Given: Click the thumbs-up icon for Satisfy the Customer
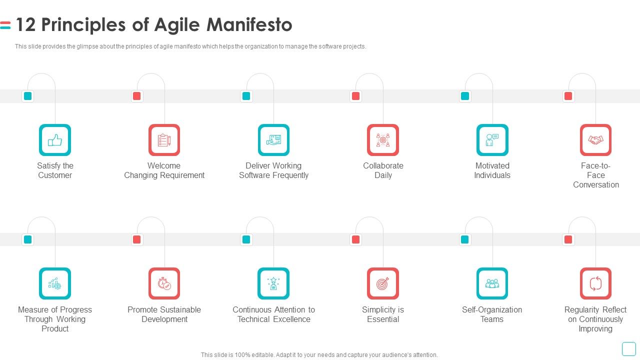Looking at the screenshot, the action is pos(55,140).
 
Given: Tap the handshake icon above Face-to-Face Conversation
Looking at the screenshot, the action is pos(595,140).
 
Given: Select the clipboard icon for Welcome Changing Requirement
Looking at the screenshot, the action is pos(164,140).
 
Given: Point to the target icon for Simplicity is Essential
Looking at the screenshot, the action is pos(383,283).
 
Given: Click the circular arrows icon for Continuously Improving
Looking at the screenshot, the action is pos(595,283).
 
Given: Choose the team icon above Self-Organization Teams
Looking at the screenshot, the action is pos(492,283).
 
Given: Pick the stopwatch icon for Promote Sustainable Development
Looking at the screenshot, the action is pos(164,283).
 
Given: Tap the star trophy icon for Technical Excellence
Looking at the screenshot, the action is pos(273,283).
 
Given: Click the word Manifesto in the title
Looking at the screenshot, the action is pos(249,24).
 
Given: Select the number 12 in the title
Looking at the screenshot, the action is pos(25,24).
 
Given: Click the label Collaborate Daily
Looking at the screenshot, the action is pos(383,170).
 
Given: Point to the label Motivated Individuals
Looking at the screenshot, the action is pos(492,170).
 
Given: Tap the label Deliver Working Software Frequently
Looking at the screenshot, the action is pos(273,170).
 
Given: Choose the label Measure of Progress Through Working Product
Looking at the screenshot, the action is pos(55,319).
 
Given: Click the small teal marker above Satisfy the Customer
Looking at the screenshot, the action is pos(27,96).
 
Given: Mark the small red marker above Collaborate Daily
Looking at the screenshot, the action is pos(355,96).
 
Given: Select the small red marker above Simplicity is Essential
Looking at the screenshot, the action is pos(355,239).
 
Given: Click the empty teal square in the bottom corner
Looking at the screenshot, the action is pos(629,349).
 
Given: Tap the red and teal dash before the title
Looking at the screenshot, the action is pos(5,25).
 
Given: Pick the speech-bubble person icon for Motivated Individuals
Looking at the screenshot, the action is pos(492,140).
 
